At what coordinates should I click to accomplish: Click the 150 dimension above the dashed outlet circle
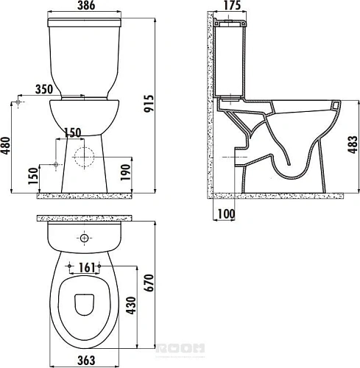click(73, 132)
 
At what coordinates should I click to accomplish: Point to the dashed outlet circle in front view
click(85, 157)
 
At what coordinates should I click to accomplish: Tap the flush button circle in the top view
click(85, 238)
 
